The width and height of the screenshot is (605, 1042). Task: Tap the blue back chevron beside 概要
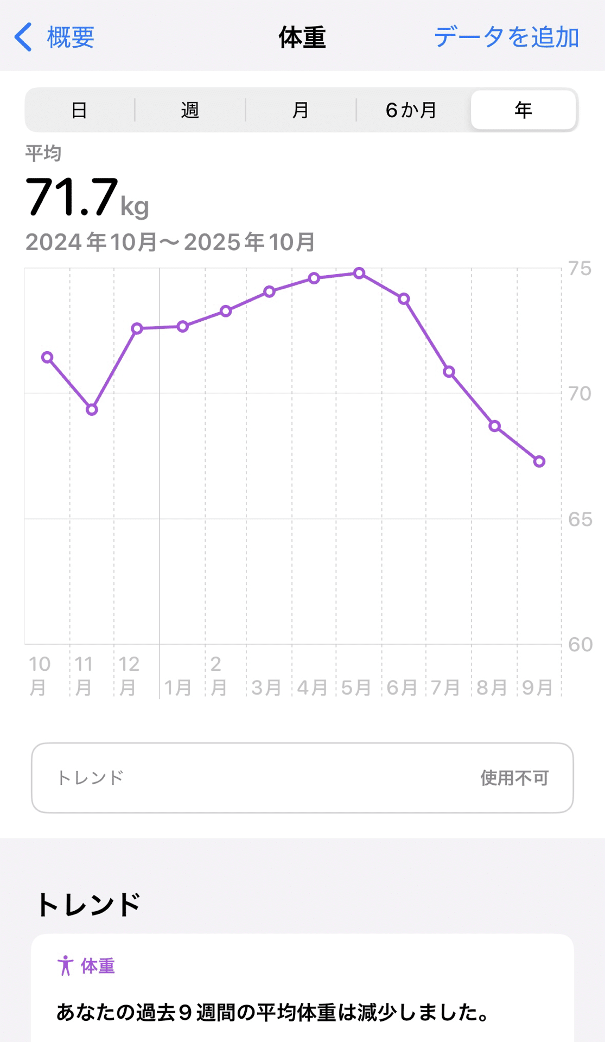[x=23, y=37]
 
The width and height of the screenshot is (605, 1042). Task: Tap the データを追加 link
[x=506, y=37]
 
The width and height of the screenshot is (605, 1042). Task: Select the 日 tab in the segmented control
[x=79, y=110]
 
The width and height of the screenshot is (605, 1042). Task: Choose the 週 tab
[x=190, y=110]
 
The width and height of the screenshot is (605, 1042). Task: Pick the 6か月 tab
[x=411, y=110]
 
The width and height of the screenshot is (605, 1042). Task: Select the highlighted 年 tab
[x=523, y=110]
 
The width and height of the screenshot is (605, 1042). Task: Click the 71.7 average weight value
[x=72, y=197]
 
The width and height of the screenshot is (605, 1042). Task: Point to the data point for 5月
[x=359, y=273]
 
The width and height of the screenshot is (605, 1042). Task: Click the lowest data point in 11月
[x=92, y=410]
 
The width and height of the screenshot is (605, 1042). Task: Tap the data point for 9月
[x=539, y=461]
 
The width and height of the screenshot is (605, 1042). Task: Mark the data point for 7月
[x=449, y=372]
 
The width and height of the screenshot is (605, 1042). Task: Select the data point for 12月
[x=137, y=328]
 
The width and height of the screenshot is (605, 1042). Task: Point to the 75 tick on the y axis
[x=579, y=269]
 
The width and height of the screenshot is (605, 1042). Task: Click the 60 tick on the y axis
[x=579, y=645]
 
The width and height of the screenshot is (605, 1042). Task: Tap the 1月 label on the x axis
[x=177, y=688]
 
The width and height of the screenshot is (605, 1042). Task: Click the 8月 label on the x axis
[x=492, y=688]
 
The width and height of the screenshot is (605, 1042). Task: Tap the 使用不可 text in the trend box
[x=514, y=778]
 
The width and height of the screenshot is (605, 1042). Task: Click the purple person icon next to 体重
[x=65, y=965]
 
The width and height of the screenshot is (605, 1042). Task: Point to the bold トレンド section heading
[x=88, y=905]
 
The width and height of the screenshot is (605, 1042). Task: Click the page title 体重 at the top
[x=302, y=37]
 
